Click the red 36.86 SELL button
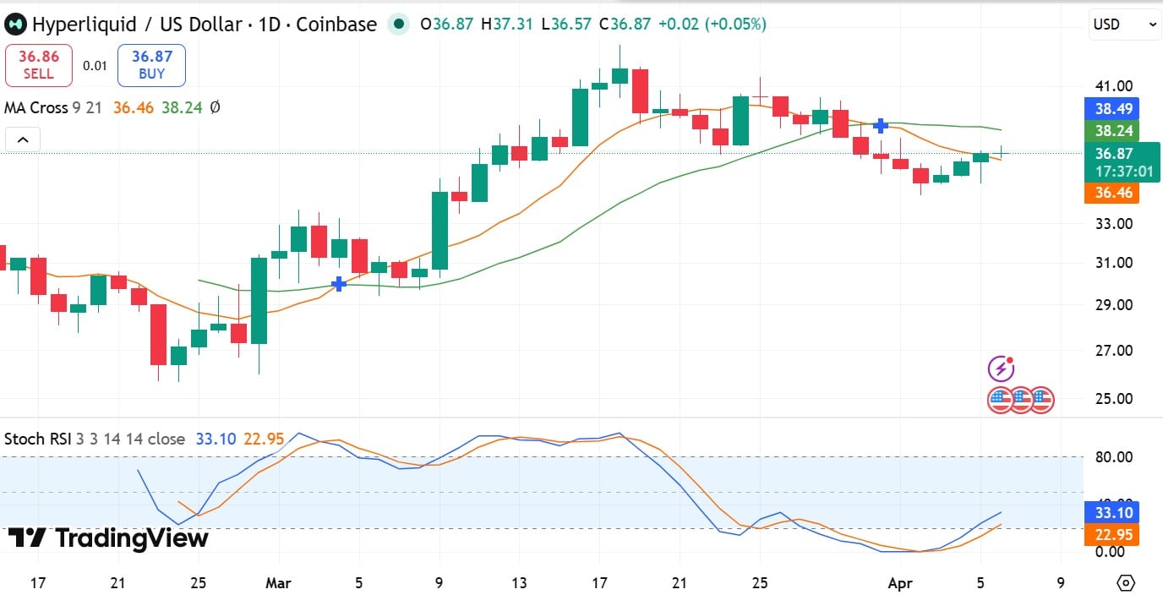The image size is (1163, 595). (38, 65)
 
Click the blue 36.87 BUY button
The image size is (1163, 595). (151, 65)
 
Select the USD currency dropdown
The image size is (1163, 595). (1124, 25)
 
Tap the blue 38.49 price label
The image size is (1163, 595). (1113, 109)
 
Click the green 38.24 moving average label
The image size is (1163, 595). (1113, 131)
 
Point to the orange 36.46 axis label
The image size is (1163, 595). (1113, 193)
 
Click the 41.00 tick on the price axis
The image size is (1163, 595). (1113, 85)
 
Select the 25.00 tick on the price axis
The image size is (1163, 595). (1113, 398)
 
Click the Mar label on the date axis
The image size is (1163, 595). (278, 583)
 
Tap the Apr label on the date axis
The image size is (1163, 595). (900, 583)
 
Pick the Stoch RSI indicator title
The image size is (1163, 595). (37, 439)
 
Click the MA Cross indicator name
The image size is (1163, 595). (35, 107)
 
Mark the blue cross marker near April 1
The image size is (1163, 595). (881, 125)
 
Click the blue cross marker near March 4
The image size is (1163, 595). (339, 284)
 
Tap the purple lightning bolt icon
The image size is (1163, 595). (1001, 368)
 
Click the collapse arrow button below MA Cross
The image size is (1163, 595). (23, 139)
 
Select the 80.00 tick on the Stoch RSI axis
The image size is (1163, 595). (1113, 457)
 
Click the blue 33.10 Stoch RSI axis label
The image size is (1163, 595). (1113, 512)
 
